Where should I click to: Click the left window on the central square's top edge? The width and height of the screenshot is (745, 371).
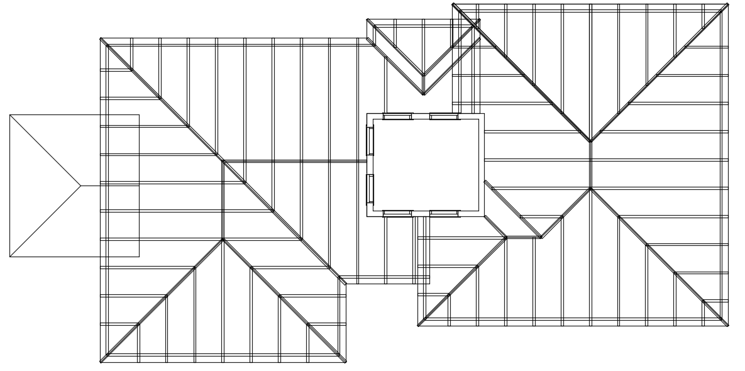point(397,116)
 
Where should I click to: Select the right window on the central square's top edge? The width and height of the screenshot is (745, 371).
point(444,116)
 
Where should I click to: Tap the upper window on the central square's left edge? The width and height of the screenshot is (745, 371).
point(370,140)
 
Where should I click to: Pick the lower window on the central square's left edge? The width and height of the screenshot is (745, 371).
point(370,189)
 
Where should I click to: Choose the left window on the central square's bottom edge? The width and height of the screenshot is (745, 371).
point(397,214)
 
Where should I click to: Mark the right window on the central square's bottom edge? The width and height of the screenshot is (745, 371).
point(444,214)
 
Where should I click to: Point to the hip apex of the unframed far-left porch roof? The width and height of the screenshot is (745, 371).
point(81,185)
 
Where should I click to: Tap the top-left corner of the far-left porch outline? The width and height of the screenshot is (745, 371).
point(10,114)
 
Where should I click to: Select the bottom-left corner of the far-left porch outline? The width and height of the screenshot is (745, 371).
point(10,257)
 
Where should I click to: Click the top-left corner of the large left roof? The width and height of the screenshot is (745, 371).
point(101,38)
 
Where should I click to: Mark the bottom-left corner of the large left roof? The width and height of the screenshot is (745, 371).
point(101,362)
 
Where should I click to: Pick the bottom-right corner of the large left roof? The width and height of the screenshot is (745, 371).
point(346,362)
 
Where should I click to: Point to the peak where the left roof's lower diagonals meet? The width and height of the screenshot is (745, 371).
point(223,239)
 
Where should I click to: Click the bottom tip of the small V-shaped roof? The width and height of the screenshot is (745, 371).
point(423,94)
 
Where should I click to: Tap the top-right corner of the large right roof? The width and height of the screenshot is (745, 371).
point(728,4)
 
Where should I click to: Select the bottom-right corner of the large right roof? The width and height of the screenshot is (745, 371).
point(728,326)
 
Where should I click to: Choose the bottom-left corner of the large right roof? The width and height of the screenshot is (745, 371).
point(418,326)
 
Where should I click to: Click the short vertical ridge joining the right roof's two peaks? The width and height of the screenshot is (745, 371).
point(590,165)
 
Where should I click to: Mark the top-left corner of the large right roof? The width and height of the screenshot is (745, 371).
point(453,4)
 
